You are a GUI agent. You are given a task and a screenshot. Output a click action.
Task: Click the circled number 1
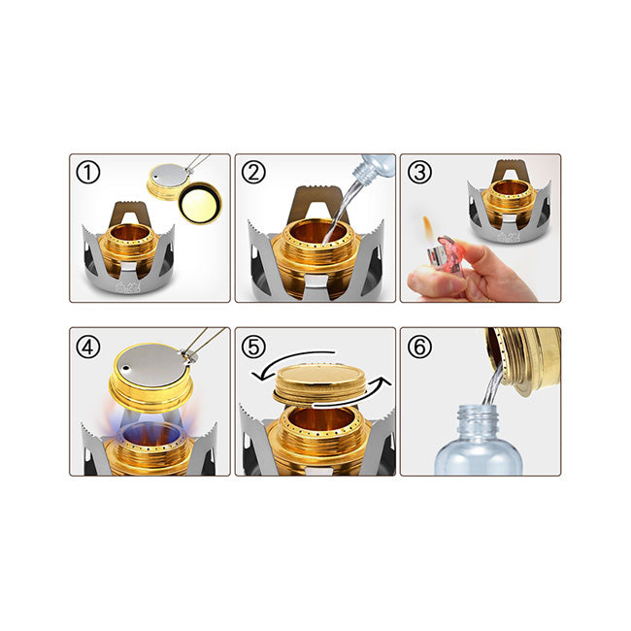tap(87, 172)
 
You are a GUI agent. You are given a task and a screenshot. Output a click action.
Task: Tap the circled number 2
tap(253, 172)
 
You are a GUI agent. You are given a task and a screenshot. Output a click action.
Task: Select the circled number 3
tap(419, 172)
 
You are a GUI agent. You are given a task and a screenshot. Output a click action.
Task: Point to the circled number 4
tap(87, 347)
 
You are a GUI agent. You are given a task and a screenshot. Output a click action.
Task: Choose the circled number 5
tap(253, 347)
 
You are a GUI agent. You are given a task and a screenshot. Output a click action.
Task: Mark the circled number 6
tap(419, 347)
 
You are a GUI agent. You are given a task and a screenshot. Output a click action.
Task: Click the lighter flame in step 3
tap(428, 228)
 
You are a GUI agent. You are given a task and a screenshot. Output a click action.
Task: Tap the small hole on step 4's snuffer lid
tap(125, 367)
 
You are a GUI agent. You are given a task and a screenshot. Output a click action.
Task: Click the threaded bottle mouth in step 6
tap(477, 415)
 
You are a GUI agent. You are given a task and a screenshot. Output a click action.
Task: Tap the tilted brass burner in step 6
tap(523, 359)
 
